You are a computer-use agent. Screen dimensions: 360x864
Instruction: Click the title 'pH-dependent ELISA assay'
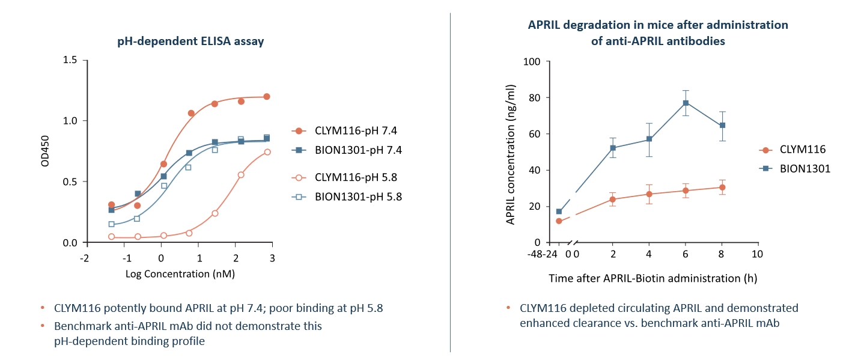point(190,41)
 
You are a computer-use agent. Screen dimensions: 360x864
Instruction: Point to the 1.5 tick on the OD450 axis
point(70,60)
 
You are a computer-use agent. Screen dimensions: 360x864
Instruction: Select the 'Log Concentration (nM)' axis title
point(180,274)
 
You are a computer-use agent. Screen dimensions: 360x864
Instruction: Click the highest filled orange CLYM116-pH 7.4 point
point(266,97)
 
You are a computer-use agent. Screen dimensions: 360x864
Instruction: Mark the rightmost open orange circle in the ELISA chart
point(267,152)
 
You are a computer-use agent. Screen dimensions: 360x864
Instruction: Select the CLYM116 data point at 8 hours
point(722,188)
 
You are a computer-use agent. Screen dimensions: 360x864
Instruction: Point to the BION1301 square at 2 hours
point(613,148)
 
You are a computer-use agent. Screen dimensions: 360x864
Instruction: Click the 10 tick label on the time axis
point(758,254)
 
